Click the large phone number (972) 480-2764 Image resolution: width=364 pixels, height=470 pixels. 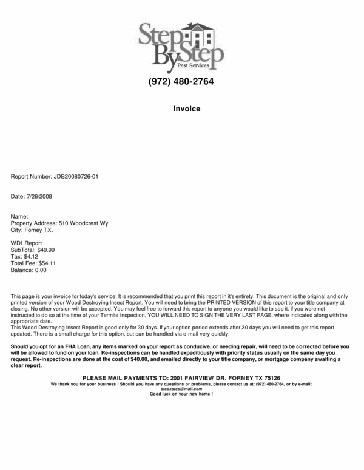(181, 82)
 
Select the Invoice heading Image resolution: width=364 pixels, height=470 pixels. (182, 109)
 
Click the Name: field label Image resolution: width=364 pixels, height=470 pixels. (20, 216)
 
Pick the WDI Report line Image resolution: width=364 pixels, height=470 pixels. (27, 243)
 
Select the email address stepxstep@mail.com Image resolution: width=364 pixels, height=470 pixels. (181, 389)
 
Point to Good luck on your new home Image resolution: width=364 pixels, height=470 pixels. (181, 394)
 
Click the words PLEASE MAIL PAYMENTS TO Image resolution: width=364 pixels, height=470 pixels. (124, 377)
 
